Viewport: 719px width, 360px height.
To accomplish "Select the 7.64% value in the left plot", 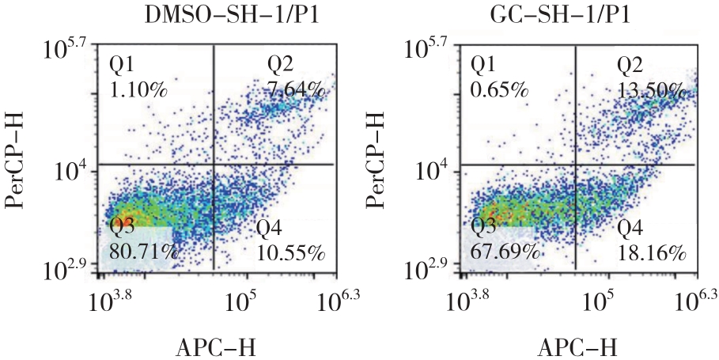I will [x=296, y=88].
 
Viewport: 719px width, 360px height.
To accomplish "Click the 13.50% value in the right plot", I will [x=652, y=88].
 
